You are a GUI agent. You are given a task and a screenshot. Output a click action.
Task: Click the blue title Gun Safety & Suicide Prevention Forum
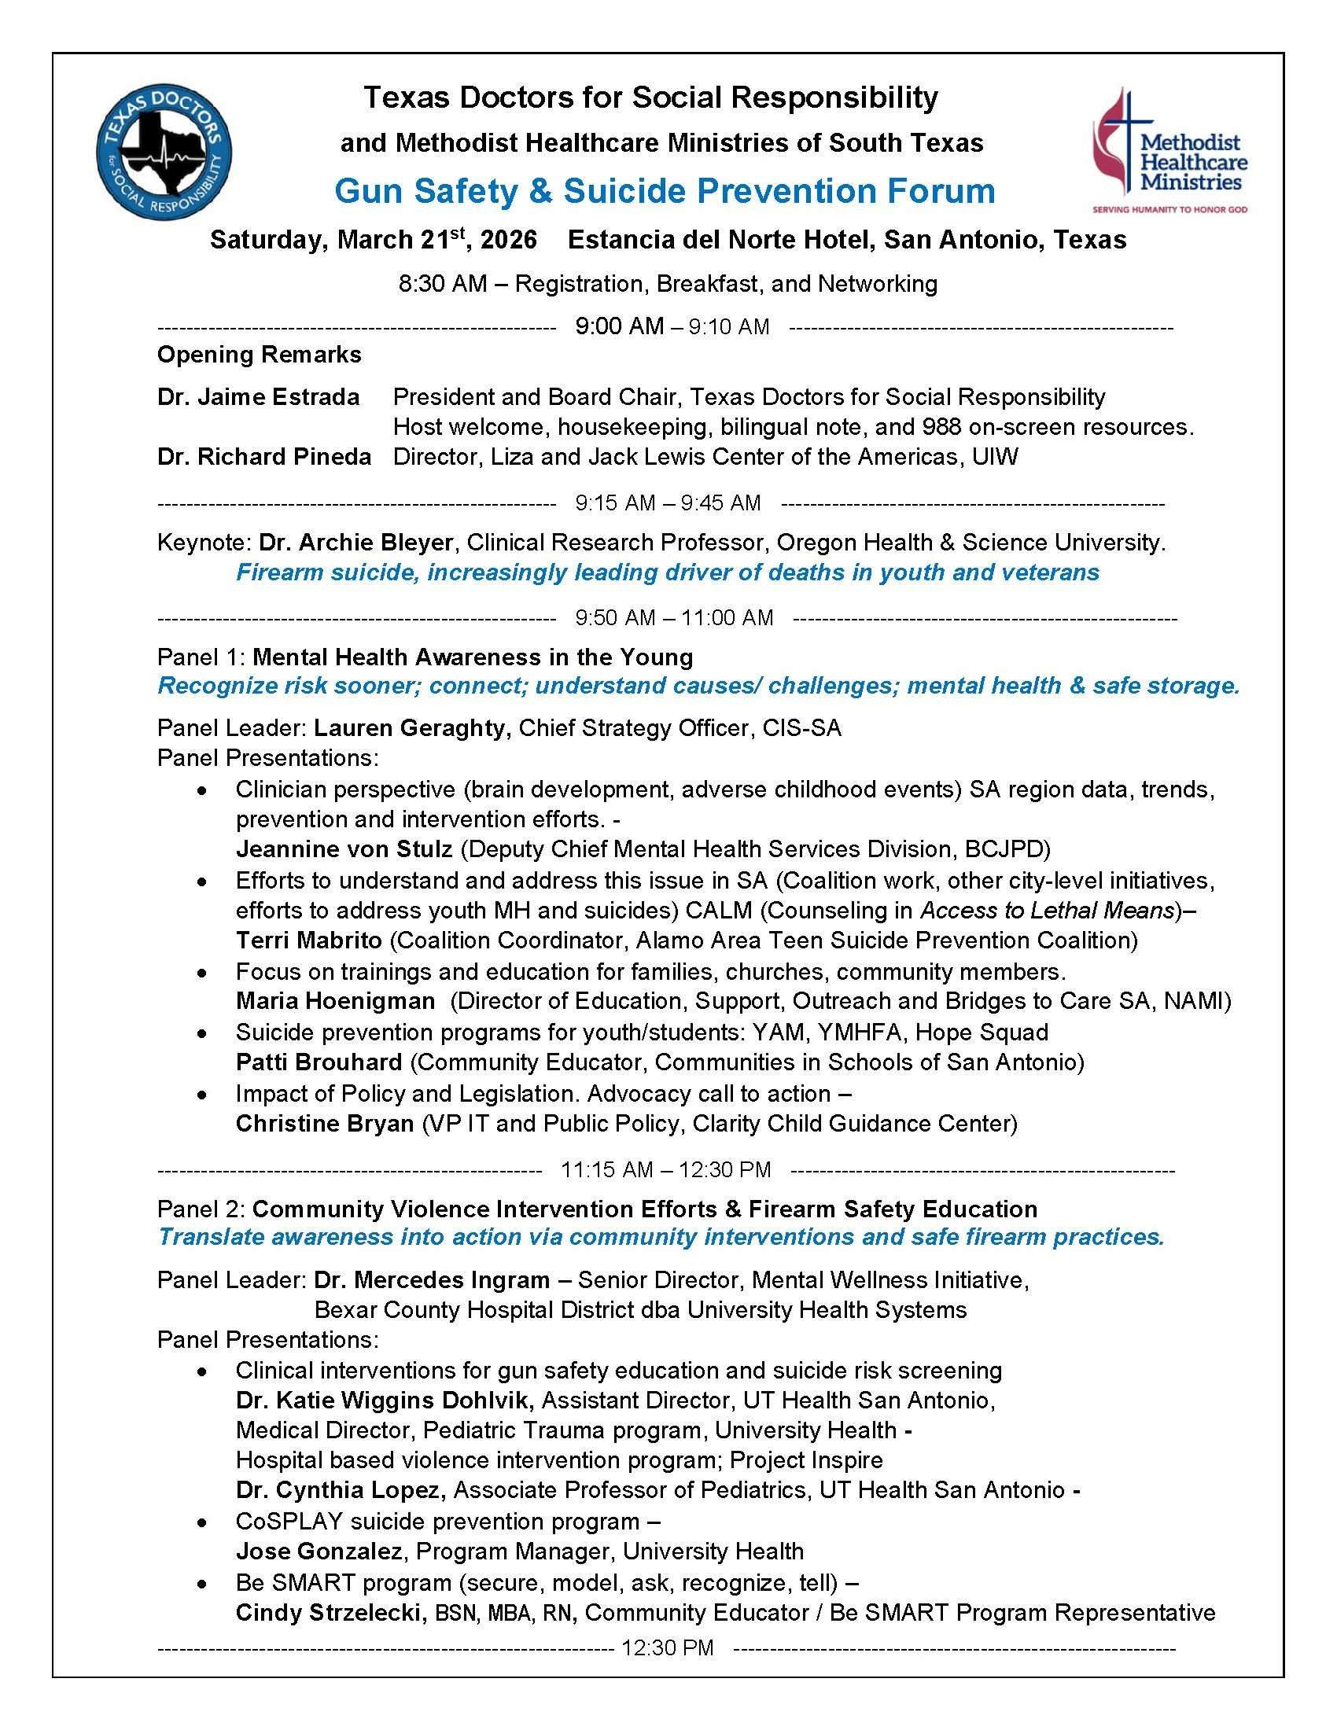[x=665, y=192]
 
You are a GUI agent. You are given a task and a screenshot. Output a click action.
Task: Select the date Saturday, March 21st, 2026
[x=373, y=240]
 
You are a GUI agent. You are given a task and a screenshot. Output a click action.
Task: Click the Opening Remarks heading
[x=259, y=355]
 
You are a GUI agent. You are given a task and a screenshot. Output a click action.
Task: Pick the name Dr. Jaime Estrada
[x=258, y=397]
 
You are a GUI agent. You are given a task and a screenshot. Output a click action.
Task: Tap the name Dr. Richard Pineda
[x=263, y=457]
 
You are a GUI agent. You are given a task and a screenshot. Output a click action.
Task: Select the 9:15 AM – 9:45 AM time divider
[x=668, y=503]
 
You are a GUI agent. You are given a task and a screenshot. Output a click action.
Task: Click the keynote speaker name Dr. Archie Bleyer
[x=356, y=543]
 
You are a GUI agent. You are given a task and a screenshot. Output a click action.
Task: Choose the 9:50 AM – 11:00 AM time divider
[x=674, y=618]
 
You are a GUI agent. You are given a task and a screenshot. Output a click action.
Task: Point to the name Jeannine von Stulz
[x=344, y=849]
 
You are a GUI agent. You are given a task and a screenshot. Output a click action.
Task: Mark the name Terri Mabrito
[x=309, y=940]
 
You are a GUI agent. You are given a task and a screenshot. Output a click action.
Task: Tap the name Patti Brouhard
[x=319, y=1062]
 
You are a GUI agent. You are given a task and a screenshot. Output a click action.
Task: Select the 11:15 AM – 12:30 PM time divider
[x=665, y=1170]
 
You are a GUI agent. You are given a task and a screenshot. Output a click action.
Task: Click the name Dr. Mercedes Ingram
[x=432, y=1280]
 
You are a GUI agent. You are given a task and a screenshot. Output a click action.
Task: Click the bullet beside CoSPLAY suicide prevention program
[x=204, y=1522]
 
